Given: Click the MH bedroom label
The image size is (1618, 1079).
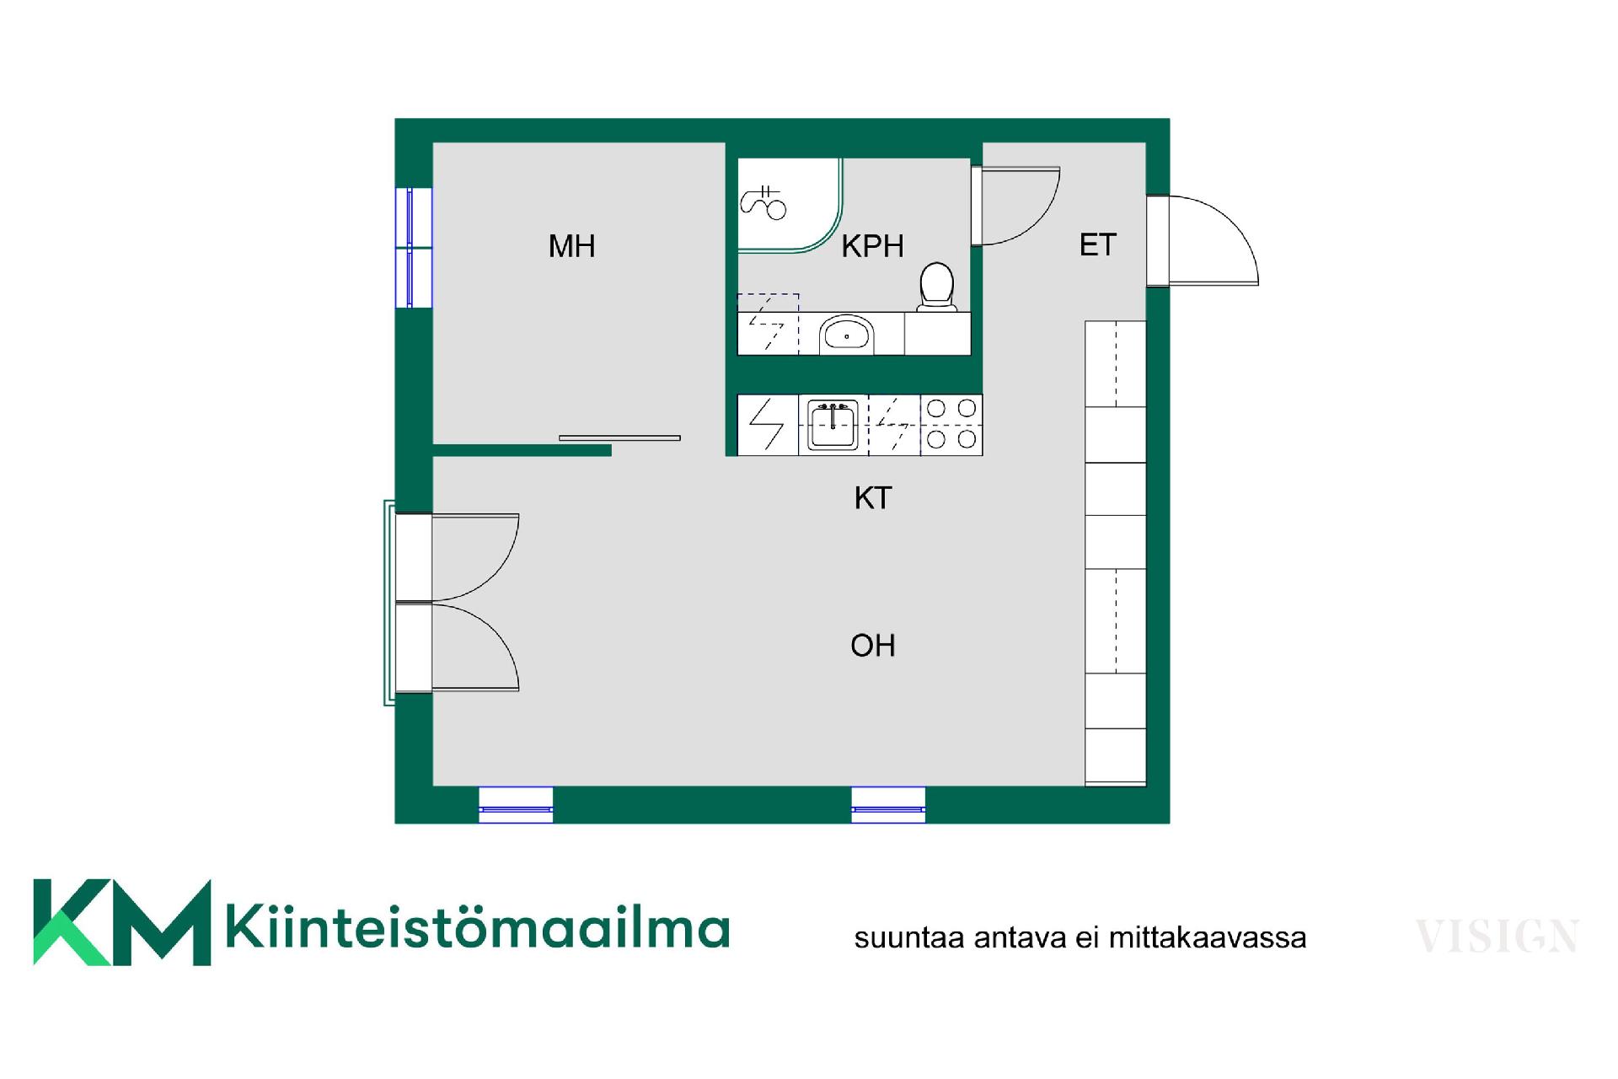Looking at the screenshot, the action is (x=571, y=246).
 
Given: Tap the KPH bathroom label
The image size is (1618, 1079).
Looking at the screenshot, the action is (x=872, y=246).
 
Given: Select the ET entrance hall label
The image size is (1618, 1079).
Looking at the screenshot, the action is (x=1097, y=244).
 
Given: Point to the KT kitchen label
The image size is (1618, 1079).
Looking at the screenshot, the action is (x=872, y=498).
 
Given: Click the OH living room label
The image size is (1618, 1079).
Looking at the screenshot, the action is (x=872, y=646).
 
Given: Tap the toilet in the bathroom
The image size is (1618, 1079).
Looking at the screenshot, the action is (x=936, y=287).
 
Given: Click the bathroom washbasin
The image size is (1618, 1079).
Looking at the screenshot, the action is (x=845, y=335).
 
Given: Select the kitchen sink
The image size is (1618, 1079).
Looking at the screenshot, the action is (x=833, y=426).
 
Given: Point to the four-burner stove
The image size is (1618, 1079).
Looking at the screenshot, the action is (x=951, y=425).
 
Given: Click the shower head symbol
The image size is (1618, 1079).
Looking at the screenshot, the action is (x=763, y=202).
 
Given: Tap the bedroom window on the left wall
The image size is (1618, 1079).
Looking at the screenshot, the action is (x=413, y=247).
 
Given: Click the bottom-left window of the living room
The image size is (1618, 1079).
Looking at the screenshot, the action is (x=516, y=804).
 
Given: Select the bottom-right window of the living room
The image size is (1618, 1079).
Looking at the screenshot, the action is (x=888, y=804).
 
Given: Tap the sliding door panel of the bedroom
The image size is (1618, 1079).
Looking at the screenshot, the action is (x=619, y=438).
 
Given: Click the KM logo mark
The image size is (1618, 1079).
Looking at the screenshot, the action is (x=121, y=922).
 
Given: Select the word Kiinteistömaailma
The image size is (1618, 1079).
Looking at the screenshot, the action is (x=477, y=927).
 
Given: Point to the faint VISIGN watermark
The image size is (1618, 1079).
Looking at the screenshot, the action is (x=1496, y=937).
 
